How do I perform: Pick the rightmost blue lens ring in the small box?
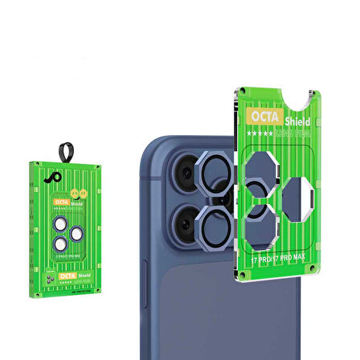tap(76, 234)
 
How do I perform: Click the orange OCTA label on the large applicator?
tap(259, 116)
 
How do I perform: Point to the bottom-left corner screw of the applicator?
tap(242, 276)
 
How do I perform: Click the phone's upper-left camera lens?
tap(182, 171)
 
